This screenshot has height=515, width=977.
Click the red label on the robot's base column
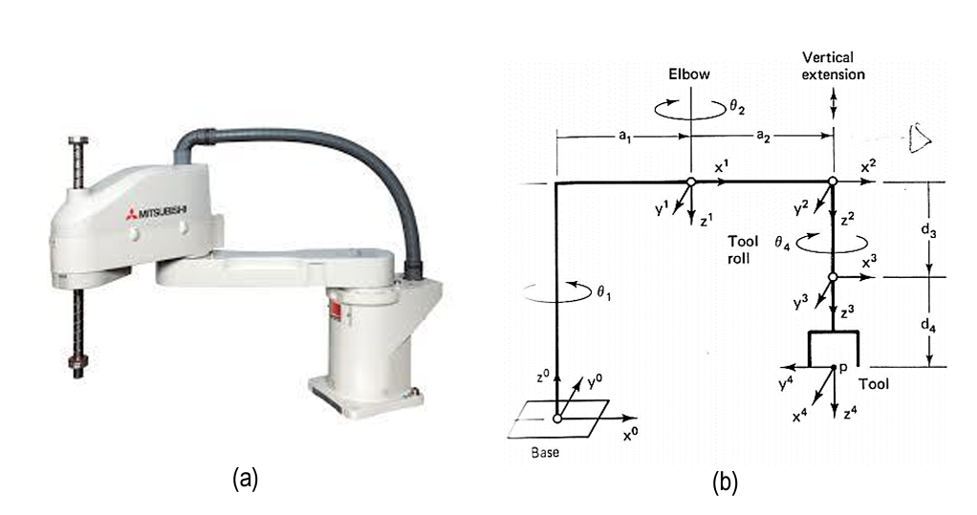click(x=336, y=309)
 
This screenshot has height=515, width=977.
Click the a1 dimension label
click(x=622, y=137)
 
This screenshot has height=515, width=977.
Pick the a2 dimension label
click(x=763, y=137)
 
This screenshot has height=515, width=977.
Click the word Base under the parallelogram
click(x=545, y=453)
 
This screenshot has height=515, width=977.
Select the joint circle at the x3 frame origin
click(x=833, y=277)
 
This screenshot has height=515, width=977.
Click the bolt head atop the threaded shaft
click(x=77, y=141)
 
